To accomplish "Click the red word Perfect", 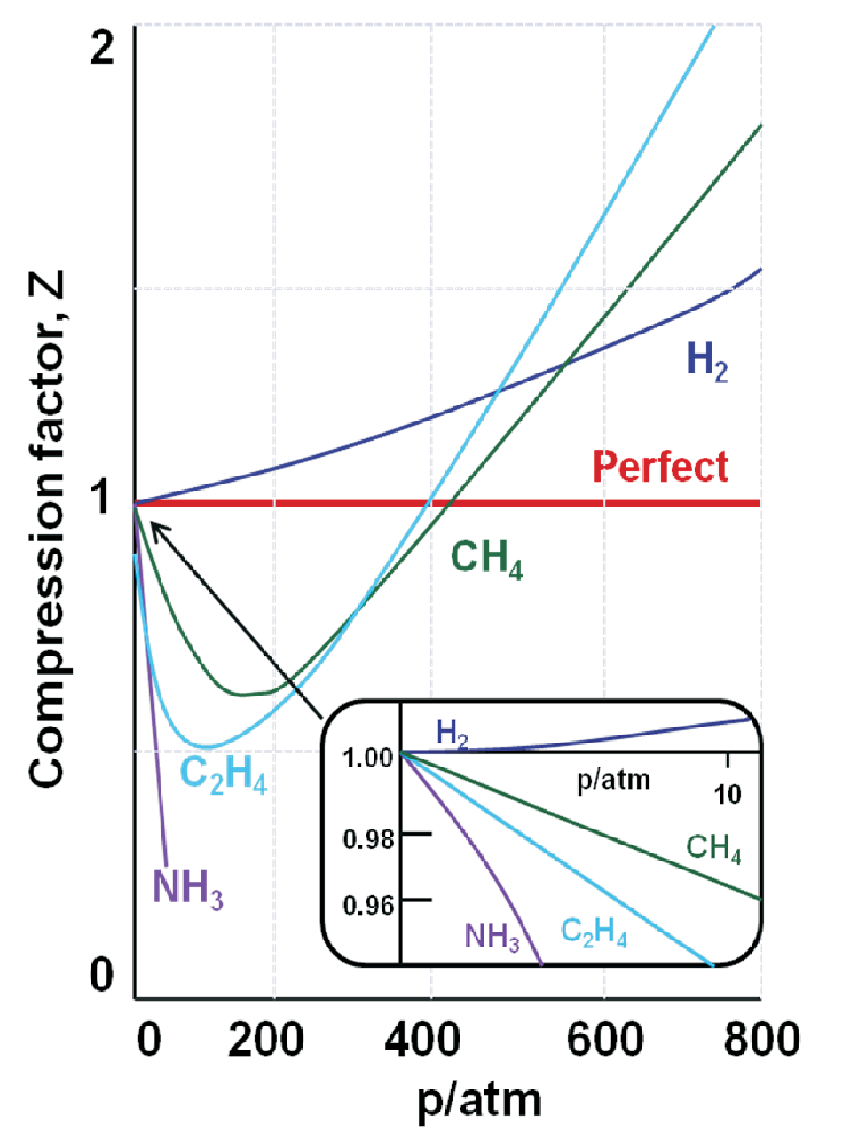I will coord(660,467).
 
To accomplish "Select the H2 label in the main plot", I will coord(707,361).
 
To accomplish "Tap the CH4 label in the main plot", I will coord(486,559).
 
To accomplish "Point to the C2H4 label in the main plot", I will coord(223,774).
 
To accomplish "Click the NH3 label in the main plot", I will coord(187,887).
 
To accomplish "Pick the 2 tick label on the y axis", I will coord(103,46).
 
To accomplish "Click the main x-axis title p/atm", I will coord(479,1101).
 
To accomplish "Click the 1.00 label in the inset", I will coord(368,758).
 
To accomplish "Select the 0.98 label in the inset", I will coord(368,837).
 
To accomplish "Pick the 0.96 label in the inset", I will coord(368,905).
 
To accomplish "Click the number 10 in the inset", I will coord(728,793).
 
